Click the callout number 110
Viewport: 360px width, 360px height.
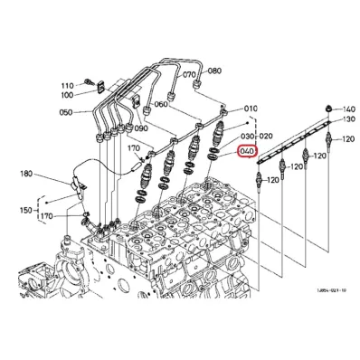click(x=68, y=85)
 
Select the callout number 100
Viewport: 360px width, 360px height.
click(x=68, y=94)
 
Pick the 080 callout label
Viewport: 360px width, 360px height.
click(x=214, y=70)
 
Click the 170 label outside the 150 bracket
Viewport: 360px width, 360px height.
click(x=135, y=148)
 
